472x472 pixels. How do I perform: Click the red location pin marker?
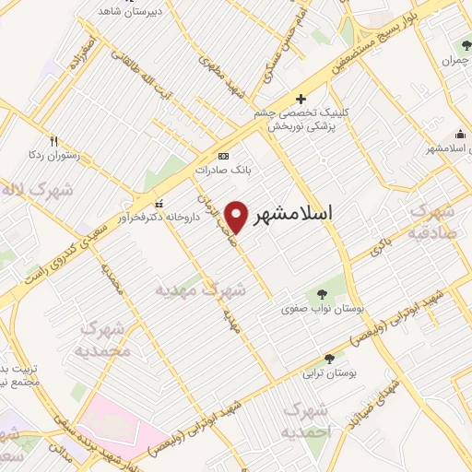click(237, 216)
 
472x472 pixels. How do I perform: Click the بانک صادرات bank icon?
click(223, 156)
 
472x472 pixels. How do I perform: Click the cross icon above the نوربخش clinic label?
click(301, 99)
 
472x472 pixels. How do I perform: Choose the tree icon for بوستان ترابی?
click(329, 359)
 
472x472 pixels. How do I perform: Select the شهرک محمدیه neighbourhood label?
click(104, 339)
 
